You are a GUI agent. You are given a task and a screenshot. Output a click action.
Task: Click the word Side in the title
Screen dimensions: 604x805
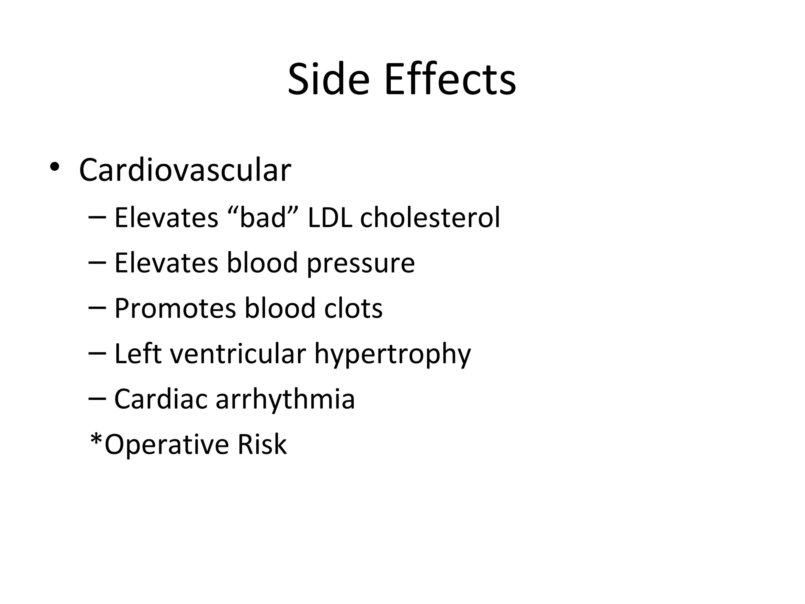pos(329,79)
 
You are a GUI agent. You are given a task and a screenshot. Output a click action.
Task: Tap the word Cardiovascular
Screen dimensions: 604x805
pos(185,170)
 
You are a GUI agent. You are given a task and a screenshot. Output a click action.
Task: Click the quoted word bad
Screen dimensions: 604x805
pos(263,217)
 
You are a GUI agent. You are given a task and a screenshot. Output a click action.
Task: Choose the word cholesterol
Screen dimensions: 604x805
pos(430,217)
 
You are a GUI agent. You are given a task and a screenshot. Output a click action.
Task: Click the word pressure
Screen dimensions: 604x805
pos(360,263)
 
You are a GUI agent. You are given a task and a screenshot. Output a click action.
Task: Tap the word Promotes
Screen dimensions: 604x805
pos(175,308)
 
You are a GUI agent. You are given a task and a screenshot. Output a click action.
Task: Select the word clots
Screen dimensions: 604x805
pos(353,308)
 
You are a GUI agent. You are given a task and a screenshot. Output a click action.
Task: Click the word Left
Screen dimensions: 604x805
pos(138,353)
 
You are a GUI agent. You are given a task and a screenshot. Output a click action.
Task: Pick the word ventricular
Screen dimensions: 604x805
pos(238,353)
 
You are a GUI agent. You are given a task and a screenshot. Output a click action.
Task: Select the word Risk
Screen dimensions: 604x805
pos(262,444)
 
